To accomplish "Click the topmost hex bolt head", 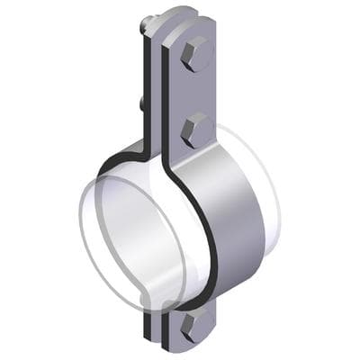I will click(195, 56).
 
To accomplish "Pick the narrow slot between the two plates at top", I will click(164, 54).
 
